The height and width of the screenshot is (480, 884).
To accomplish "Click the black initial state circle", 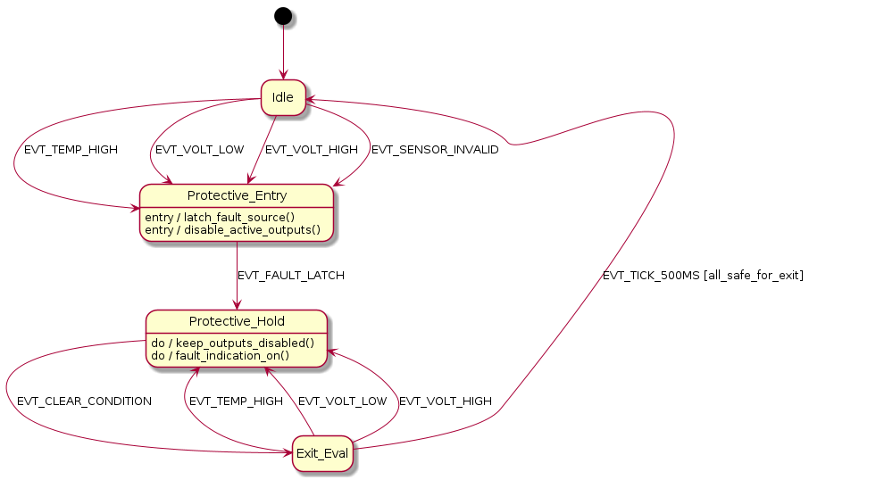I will point(283,15).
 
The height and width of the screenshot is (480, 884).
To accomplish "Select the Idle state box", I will point(283,97).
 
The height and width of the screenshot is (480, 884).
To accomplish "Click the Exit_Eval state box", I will point(322,454).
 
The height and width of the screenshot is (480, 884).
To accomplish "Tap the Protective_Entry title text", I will point(237,195).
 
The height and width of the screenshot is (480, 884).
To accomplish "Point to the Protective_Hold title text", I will point(237,321).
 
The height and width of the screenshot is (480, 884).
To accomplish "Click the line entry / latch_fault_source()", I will point(220,217).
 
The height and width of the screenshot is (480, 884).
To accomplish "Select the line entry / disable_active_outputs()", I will point(232,229).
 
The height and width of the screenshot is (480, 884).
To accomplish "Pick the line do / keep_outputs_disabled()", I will point(232,343).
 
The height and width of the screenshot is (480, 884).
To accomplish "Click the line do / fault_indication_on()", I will point(221,355).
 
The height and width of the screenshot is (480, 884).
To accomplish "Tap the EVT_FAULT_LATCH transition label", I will point(291,276).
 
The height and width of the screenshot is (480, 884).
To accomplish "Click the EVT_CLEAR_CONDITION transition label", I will point(85,401).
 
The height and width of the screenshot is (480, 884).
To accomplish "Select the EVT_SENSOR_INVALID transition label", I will point(435,150).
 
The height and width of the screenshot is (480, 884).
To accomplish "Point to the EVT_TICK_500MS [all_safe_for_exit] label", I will point(703,276).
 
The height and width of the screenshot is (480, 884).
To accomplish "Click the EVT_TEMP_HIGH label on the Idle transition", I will point(71,150).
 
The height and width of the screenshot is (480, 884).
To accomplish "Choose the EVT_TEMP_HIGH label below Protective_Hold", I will point(236,401).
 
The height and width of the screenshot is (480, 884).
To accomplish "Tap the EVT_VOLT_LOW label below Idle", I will point(200,150).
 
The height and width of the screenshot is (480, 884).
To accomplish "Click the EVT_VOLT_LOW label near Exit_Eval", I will point(343,401).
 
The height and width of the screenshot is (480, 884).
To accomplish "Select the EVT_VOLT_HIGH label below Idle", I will point(312,150).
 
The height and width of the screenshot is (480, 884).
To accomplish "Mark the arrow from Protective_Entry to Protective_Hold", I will point(237,276).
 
